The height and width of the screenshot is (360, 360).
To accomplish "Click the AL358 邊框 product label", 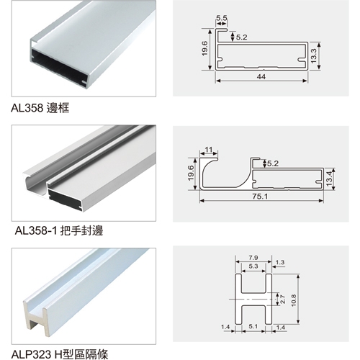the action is [x=40, y=108].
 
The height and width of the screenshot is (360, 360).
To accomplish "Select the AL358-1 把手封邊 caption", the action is [x=59, y=231].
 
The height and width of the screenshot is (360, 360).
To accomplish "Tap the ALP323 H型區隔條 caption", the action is [x=60, y=354].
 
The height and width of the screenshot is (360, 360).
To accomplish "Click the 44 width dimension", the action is [x=261, y=76].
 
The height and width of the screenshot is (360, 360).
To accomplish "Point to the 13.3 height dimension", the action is [x=313, y=55].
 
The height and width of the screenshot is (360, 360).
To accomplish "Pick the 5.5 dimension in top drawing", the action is [x=222, y=18].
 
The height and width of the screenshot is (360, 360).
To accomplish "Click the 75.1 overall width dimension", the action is [x=260, y=197].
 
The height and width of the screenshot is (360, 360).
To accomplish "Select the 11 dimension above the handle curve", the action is [x=209, y=150].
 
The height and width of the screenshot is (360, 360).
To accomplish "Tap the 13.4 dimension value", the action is [x=329, y=179].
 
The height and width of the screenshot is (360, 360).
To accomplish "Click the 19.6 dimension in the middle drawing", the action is [x=191, y=173].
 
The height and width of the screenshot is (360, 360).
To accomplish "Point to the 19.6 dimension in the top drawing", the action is [x=204, y=48].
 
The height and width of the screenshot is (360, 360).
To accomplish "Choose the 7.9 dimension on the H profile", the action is [x=253, y=258].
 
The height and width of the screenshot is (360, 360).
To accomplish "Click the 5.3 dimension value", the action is [x=253, y=266].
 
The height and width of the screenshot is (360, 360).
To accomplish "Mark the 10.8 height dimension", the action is [x=294, y=300].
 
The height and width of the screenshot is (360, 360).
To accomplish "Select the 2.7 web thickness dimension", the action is [x=283, y=300].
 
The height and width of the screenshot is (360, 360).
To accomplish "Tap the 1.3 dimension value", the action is [x=280, y=262].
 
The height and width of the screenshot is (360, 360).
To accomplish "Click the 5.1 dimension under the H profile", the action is [x=253, y=326].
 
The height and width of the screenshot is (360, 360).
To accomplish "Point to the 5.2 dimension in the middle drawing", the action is [x=273, y=163].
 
